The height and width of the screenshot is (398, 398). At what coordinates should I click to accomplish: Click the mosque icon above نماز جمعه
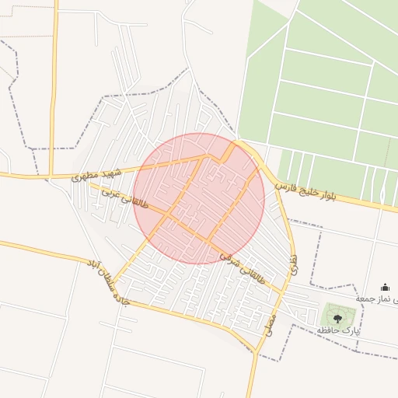point(386,288)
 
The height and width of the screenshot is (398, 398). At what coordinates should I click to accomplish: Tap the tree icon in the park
point(337,316)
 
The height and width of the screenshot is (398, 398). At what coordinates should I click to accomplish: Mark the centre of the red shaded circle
point(199,199)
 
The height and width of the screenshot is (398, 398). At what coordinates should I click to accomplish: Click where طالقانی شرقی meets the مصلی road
point(284,292)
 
